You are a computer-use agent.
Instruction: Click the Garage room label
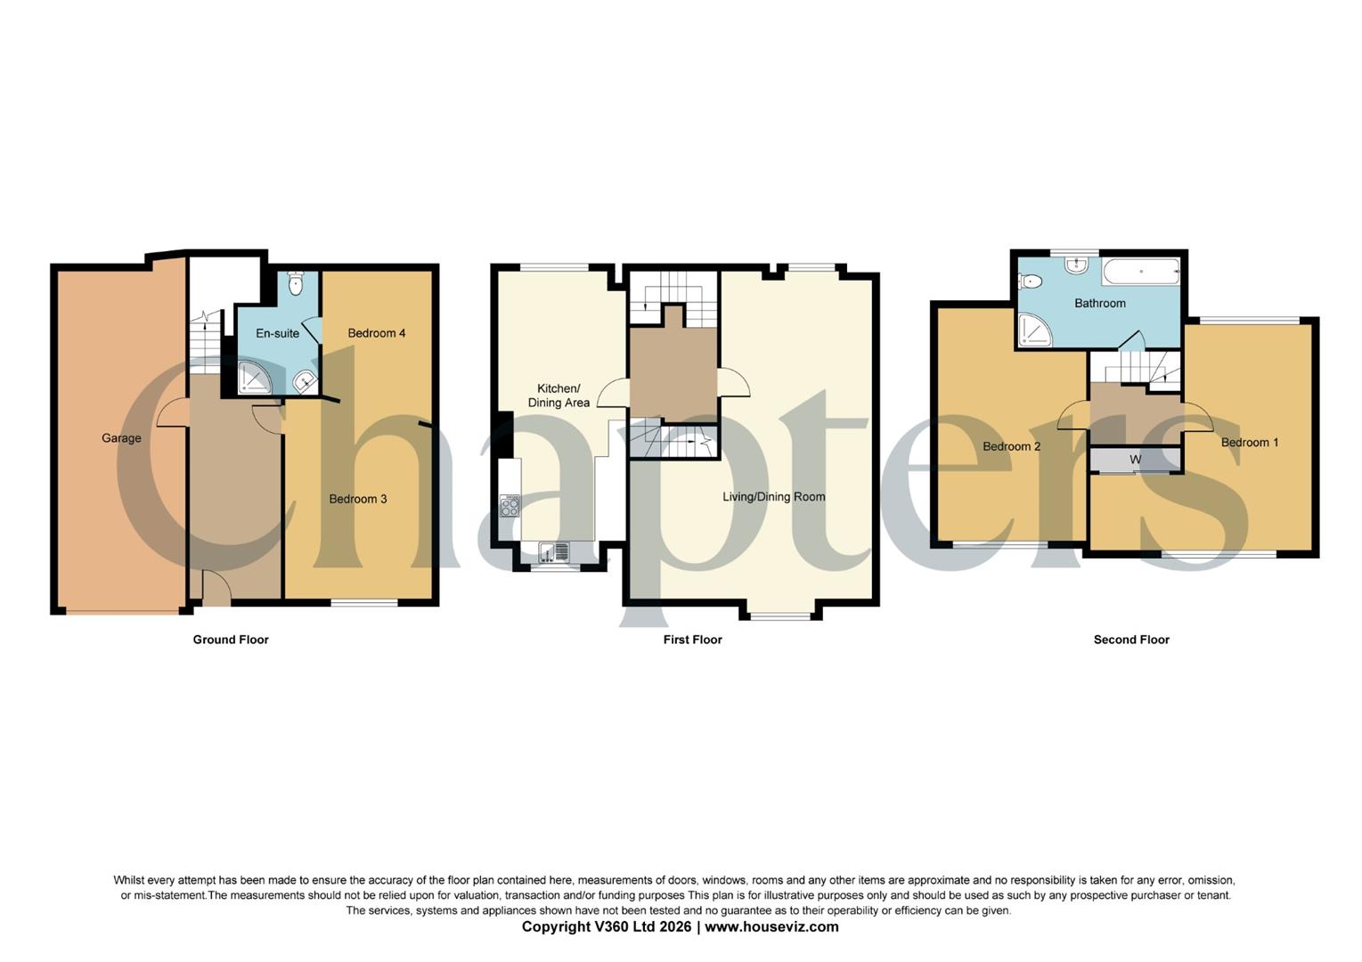[x=121, y=438]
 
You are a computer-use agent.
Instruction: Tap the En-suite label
[x=277, y=333]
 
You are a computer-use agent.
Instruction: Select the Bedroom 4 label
[x=377, y=333]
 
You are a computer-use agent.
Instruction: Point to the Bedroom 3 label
[x=358, y=499]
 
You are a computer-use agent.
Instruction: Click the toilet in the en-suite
[x=297, y=283]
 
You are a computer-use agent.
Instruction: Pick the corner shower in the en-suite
[x=253, y=378]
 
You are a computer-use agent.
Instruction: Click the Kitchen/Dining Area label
[x=559, y=395]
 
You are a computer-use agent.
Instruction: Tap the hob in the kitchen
[x=510, y=506]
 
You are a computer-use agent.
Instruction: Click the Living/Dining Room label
[x=773, y=497]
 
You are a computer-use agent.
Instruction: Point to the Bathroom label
[x=1099, y=303]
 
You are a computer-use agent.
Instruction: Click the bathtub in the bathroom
[x=1141, y=271]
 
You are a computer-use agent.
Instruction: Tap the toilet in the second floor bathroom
[x=1031, y=281]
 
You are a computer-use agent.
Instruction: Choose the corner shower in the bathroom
[x=1035, y=330]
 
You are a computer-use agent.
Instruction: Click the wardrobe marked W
[x=1136, y=460]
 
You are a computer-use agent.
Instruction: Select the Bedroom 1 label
[x=1249, y=443]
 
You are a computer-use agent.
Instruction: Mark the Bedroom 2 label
[x=1011, y=446]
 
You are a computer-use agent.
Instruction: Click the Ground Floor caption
[x=231, y=640]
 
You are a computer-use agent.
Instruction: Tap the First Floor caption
[x=692, y=640]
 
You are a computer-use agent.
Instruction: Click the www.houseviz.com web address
[x=771, y=926]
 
